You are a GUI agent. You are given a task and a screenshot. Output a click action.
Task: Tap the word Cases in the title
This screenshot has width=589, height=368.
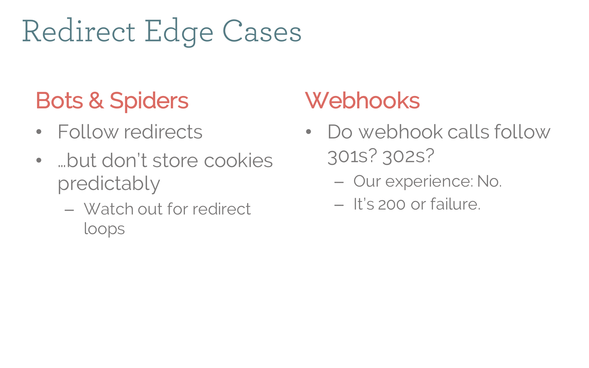point(262,32)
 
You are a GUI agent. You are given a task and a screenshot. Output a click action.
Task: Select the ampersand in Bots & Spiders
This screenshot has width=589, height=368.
point(96,100)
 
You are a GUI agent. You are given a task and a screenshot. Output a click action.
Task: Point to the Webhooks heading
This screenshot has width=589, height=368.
point(362,100)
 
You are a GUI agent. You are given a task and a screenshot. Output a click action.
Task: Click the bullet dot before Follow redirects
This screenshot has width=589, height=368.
point(39,132)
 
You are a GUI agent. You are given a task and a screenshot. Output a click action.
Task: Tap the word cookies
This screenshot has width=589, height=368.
point(238,161)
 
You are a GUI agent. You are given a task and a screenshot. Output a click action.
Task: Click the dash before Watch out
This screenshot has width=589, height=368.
point(69,210)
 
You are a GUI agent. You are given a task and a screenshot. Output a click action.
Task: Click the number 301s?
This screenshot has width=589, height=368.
point(352,156)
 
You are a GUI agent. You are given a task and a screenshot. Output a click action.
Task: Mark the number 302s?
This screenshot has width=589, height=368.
point(408,156)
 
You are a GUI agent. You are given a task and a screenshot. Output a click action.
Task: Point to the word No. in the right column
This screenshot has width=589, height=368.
point(489,181)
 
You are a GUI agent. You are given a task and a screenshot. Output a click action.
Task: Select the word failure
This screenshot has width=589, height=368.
point(455,204)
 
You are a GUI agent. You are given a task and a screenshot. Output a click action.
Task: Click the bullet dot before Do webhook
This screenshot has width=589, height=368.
point(308,132)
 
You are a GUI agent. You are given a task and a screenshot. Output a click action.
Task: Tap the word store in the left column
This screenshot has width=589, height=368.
point(175,161)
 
